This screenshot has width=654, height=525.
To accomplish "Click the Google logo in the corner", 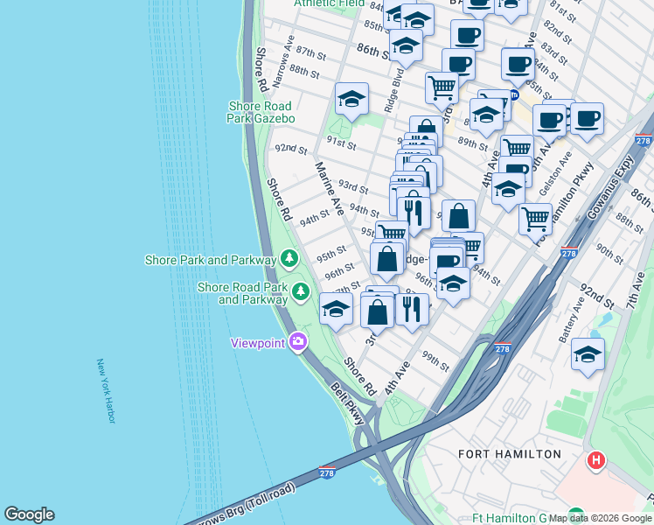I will [x=29, y=514].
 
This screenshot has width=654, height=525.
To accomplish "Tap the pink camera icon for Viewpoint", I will [x=298, y=341].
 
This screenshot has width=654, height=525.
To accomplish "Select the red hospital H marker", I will [x=596, y=459].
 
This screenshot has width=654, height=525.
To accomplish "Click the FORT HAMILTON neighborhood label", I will [x=510, y=454].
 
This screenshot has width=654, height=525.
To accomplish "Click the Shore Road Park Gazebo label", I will [x=261, y=112].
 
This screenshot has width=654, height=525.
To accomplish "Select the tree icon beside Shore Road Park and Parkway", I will [x=302, y=291].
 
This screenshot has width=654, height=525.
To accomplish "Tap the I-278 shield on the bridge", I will [x=329, y=472].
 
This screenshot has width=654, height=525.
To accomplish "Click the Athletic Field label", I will [x=329, y=3].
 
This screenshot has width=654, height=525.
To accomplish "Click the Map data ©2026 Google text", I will [x=600, y=518].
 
